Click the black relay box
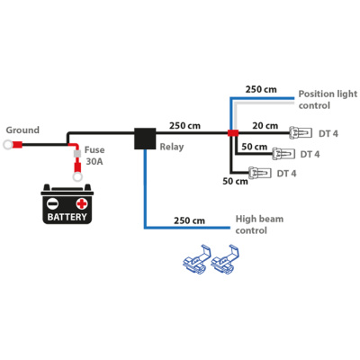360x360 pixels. pos(145,139)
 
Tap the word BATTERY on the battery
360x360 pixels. pos(67,217)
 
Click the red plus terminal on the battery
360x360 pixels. pos(82,204)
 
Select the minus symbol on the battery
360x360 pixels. pos(52,204)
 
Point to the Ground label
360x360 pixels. pos(22,130)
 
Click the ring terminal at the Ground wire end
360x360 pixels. pos(8,145)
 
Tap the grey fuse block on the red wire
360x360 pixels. pos(77,154)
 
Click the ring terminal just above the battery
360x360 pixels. pos(77,176)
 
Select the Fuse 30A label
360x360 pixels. pos(94,156)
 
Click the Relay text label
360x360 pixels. pos(172,147)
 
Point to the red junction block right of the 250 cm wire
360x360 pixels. pos(233,133)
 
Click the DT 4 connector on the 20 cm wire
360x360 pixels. pos(301,133)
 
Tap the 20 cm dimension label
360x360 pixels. pos(265,126)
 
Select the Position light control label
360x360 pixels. pos(328,100)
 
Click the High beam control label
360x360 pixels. pos(259,225)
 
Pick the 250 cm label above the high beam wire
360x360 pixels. pos(189,220)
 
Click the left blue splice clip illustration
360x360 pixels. pos(197,259)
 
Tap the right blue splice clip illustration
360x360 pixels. pos(225,259)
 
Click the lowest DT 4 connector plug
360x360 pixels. pos(260,173)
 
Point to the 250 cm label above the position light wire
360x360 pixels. pos(261,89)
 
